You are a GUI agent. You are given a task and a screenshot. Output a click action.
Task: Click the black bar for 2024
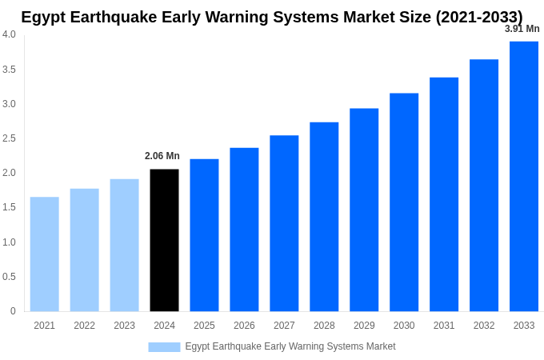(164, 240)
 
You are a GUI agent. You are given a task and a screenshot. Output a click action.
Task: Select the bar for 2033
(524, 176)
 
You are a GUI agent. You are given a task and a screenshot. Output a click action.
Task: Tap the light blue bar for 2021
(45, 254)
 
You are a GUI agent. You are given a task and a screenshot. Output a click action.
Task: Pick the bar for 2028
(324, 217)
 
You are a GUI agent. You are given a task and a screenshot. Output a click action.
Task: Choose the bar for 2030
(404, 202)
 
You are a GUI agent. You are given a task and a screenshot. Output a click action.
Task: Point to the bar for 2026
(244, 230)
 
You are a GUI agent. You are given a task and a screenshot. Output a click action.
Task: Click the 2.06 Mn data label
(162, 156)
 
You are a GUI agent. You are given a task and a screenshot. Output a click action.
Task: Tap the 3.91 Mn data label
(522, 29)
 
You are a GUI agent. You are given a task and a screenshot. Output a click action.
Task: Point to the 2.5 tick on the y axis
(9, 138)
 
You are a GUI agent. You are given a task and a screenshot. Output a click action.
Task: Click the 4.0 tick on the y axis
(9, 34)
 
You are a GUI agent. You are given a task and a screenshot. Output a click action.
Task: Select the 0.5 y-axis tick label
(9, 277)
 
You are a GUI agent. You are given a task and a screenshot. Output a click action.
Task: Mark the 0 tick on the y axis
(13, 311)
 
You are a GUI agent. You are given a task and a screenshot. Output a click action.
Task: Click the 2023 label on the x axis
(124, 326)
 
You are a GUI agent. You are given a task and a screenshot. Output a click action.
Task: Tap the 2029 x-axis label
(364, 326)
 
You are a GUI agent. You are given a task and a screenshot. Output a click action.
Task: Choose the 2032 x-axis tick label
(484, 326)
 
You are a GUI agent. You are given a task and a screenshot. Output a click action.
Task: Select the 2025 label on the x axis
(204, 326)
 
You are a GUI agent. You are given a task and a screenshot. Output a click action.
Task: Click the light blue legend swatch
(164, 346)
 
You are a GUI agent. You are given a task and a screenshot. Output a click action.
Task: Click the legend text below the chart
(290, 346)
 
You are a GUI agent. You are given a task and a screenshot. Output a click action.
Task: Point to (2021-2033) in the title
(478, 17)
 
